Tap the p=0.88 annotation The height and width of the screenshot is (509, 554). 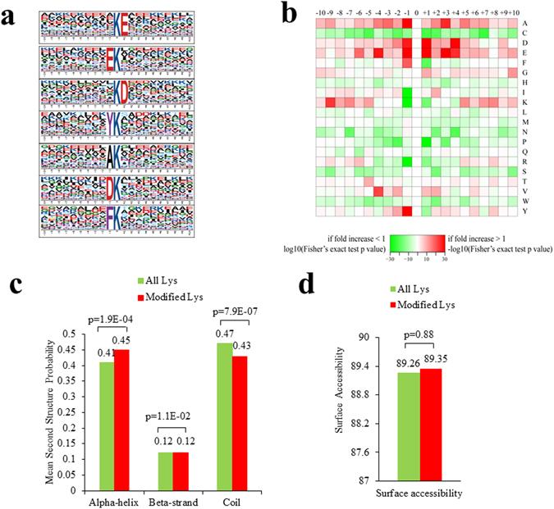(x=420, y=336)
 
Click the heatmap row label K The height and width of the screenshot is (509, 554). (x=524, y=102)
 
